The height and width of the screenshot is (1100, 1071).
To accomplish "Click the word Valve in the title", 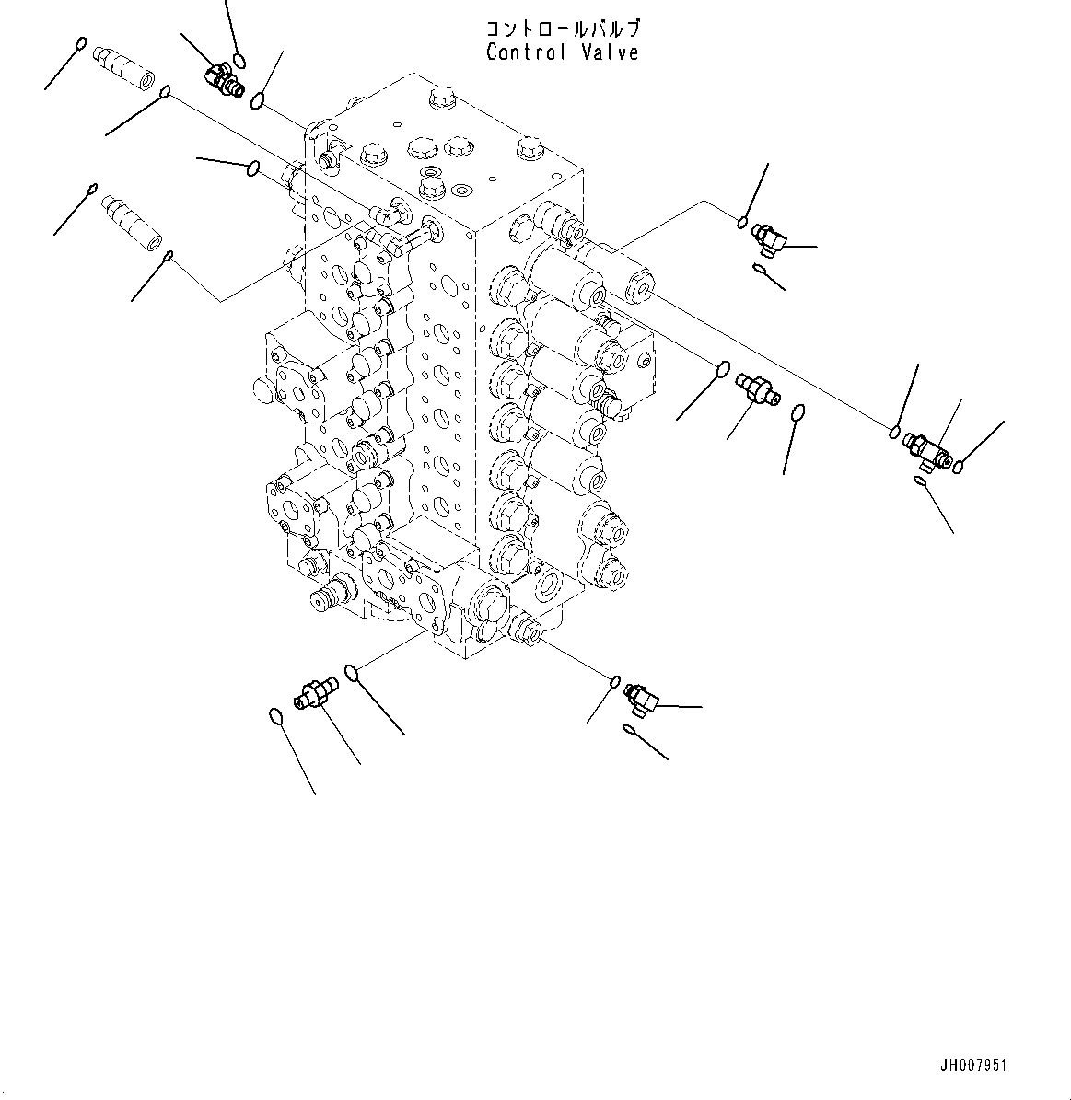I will coord(610,52).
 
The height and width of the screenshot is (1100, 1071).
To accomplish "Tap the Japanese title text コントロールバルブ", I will coord(563,30).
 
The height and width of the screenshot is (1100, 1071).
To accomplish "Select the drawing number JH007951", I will coord(973,1065).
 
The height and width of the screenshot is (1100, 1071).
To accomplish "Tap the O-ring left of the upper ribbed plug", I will coord(81,43).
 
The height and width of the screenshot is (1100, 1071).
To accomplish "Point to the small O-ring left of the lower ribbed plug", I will coord(91,190).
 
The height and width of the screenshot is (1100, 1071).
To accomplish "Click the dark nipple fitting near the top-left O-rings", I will coord(223,79).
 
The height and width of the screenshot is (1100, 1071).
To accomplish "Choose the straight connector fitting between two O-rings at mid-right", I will coord(760,389).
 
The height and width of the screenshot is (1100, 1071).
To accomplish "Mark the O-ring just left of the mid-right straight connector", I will coord(723,370).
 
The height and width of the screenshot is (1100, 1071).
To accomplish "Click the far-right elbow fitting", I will coord(926,448).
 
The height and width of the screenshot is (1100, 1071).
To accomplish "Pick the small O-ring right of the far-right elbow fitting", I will coord(959,466).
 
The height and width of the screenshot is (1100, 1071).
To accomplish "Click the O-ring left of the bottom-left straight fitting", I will coord(275,715).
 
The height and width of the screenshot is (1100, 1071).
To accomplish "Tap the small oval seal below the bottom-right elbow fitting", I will coord(629,730).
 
